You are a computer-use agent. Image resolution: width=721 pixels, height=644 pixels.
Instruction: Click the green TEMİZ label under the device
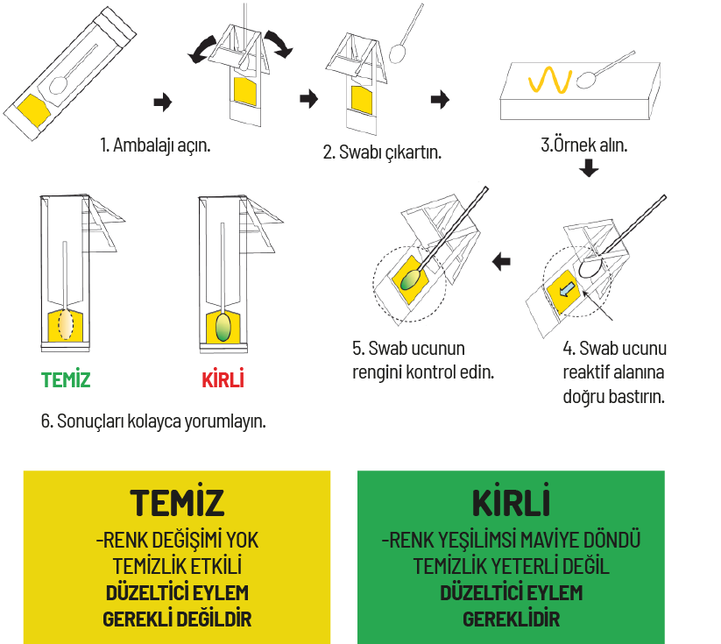click(x=66, y=379)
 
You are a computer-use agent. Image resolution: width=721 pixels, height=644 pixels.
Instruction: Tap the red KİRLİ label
click(x=223, y=379)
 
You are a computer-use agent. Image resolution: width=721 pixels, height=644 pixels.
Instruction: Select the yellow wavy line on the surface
click(x=550, y=80)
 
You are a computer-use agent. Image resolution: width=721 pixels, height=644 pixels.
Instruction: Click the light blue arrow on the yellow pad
click(x=568, y=290)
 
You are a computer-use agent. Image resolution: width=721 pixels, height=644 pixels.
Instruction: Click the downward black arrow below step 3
click(x=589, y=168)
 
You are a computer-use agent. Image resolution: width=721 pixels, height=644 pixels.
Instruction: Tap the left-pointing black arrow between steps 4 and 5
click(x=501, y=262)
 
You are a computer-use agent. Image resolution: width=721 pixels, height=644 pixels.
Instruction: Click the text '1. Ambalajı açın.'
click(x=155, y=145)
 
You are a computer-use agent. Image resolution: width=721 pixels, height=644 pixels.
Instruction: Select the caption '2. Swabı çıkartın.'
click(x=382, y=152)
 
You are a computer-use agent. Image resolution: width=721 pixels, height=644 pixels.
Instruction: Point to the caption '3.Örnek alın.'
click(x=584, y=145)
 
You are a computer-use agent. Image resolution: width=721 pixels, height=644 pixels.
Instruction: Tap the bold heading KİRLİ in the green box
click(x=511, y=501)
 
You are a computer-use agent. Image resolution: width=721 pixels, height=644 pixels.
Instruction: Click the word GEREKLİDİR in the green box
click(x=511, y=619)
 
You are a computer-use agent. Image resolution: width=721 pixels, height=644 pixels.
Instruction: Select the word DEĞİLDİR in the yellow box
click(x=214, y=619)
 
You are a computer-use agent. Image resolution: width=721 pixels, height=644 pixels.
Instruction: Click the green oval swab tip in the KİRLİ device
click(x=223, y=327)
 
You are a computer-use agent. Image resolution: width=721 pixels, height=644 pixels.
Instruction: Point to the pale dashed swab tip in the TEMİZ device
click(x=66, y=324)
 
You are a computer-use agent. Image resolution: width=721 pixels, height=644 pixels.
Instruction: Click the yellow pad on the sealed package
click(x=33, y=110)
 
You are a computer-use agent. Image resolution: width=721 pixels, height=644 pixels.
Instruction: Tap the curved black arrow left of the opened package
click(x=202, y=50)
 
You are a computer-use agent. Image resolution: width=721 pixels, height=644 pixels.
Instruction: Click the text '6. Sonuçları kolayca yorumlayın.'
click(x=153, y=421)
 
